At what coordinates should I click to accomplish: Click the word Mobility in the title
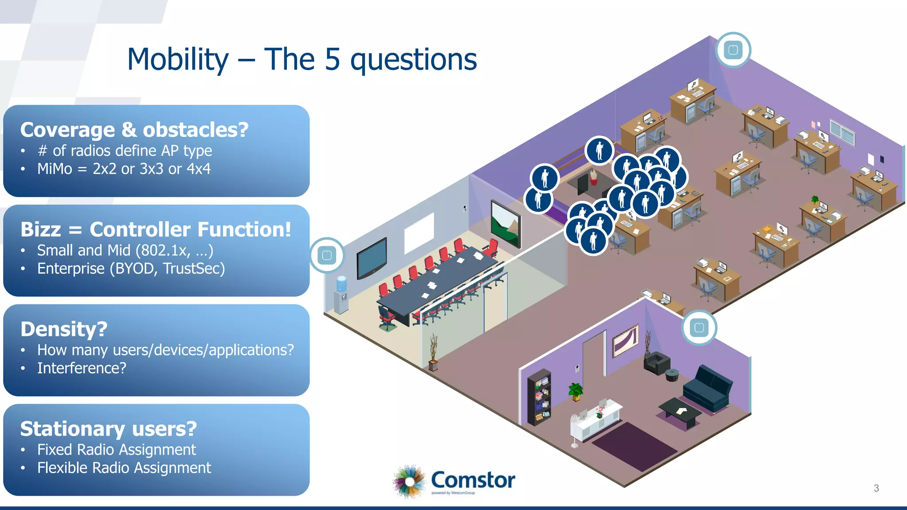[178, 59]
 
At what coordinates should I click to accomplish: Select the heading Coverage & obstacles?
[134, 130]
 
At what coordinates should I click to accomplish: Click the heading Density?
[64, 329]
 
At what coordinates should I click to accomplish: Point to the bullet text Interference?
[81, 368]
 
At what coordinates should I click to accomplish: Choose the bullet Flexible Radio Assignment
[124, 468]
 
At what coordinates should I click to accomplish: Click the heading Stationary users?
[109, 429]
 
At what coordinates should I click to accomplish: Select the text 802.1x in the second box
[163, 251]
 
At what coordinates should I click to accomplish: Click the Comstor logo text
[473, 480]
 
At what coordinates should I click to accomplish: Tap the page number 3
[876, 488]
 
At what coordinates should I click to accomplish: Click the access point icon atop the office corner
[733, 50]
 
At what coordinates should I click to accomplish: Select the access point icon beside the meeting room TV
[327, 255]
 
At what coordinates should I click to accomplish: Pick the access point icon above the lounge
[699, 328]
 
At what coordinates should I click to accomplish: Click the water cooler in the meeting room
[341, 294]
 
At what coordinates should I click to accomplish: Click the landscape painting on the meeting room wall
[506, 224]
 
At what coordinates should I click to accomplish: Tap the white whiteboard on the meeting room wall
[419, 233]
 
